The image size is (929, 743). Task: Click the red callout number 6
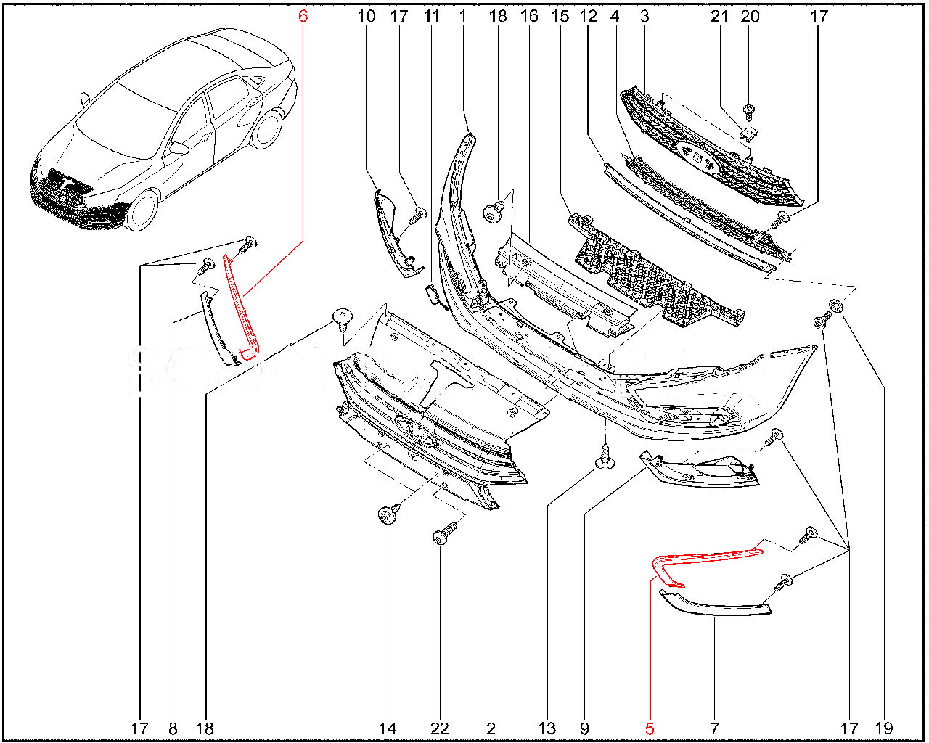303,15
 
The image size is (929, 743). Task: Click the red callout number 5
650,728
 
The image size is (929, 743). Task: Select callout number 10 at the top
367,15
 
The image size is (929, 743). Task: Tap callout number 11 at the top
432,15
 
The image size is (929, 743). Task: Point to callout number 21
719,15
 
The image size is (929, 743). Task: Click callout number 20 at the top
750,15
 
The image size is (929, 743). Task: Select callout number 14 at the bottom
388,728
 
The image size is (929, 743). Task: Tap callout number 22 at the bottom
440,728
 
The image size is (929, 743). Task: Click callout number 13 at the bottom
547,728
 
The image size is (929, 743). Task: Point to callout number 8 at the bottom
172,728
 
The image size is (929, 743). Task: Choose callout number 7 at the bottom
714,728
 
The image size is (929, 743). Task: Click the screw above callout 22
441,536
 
